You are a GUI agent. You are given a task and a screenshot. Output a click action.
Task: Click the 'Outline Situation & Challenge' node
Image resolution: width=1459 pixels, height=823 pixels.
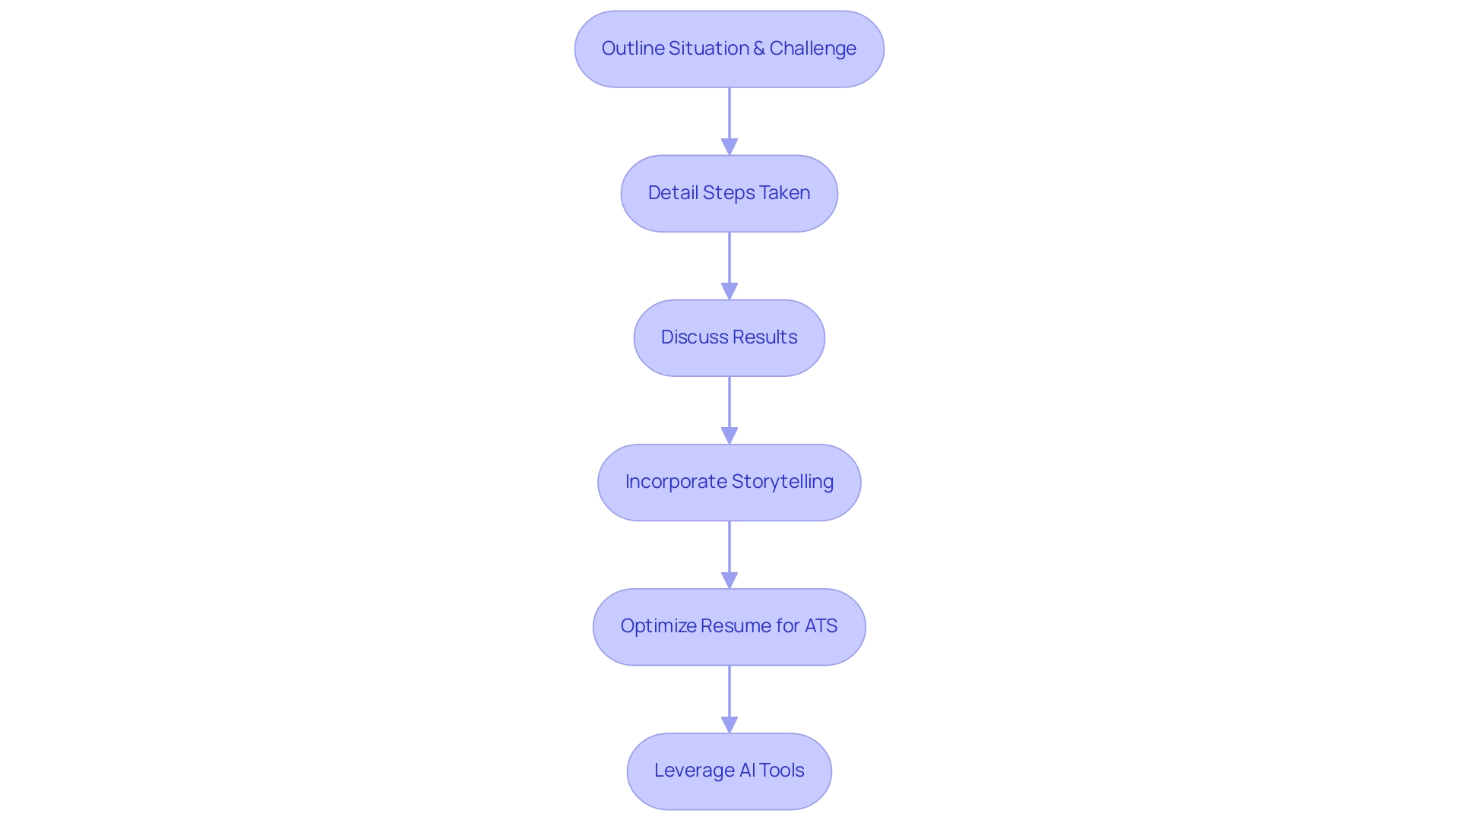729,49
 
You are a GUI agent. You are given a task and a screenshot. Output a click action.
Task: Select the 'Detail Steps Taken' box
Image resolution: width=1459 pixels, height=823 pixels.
729,193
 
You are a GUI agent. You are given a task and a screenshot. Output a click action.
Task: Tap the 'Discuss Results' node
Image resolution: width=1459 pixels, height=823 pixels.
729,337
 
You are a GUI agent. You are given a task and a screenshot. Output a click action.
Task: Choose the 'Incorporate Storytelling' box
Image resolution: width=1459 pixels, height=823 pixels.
729,482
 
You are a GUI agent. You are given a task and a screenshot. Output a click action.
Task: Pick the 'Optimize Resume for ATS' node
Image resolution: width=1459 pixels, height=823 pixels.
729,626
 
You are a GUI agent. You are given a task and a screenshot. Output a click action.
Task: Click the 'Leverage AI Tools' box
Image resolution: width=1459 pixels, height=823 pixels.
729,771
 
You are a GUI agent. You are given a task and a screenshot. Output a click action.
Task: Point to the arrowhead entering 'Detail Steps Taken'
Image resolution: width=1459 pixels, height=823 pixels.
729,147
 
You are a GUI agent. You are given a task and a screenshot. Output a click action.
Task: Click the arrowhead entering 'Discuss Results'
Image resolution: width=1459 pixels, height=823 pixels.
729,291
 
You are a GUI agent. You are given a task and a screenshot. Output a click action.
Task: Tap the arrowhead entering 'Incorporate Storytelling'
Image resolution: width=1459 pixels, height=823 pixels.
729,435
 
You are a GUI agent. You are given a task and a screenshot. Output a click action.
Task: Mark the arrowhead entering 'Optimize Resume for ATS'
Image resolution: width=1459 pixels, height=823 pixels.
729,580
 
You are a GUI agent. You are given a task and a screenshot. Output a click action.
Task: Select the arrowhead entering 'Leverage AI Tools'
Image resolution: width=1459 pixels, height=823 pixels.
729,724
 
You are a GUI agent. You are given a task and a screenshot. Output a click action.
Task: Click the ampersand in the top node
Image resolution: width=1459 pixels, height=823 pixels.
758,49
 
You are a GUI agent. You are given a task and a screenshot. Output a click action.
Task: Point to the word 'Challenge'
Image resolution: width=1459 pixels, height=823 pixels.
812,49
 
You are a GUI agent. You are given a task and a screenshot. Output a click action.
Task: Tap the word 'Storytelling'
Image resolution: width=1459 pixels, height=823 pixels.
782,482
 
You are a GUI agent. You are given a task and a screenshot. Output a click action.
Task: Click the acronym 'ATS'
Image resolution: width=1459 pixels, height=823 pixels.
821,626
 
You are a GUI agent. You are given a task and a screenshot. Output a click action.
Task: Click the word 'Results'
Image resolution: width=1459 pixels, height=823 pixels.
764,337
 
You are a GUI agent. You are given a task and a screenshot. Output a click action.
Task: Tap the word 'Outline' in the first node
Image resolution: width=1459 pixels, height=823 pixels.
632,49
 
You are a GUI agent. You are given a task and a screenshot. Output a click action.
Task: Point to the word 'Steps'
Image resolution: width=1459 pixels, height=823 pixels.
727,193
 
